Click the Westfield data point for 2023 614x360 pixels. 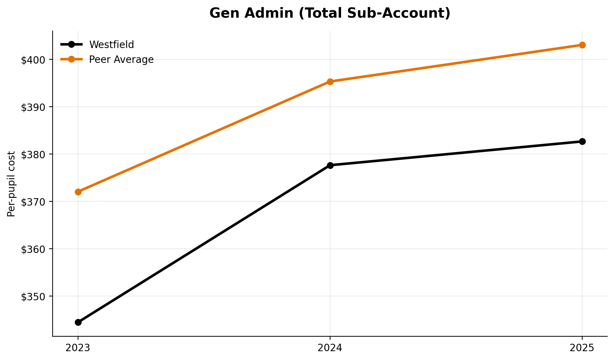point(78,322)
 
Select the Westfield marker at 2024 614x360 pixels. point(330,165)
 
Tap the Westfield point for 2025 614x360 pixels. point(582,141)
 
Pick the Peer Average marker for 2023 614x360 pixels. point(78,192)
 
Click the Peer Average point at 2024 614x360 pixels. point(330,82)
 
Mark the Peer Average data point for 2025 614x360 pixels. point(582,45)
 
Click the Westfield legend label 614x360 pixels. point(112,45)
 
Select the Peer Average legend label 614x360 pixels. point(121,59)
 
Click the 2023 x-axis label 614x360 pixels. point(78,348)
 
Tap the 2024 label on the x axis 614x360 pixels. point(330,348)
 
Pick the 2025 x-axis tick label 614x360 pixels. point(582,348)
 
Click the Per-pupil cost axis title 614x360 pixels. point(11,184)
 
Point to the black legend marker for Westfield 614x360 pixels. point(71,45)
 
